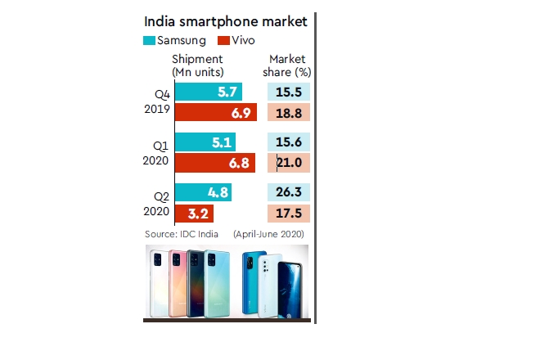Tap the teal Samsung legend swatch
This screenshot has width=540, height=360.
[150, 40]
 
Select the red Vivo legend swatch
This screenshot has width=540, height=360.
[223, 40]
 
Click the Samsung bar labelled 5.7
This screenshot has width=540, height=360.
[207, 92]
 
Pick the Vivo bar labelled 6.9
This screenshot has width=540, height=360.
[215, 112]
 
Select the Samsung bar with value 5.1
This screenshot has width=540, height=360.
[205, 143]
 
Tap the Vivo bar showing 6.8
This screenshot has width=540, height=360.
[214, 163]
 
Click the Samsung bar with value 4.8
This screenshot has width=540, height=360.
[202, 193]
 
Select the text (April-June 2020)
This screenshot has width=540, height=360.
[268, 235]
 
